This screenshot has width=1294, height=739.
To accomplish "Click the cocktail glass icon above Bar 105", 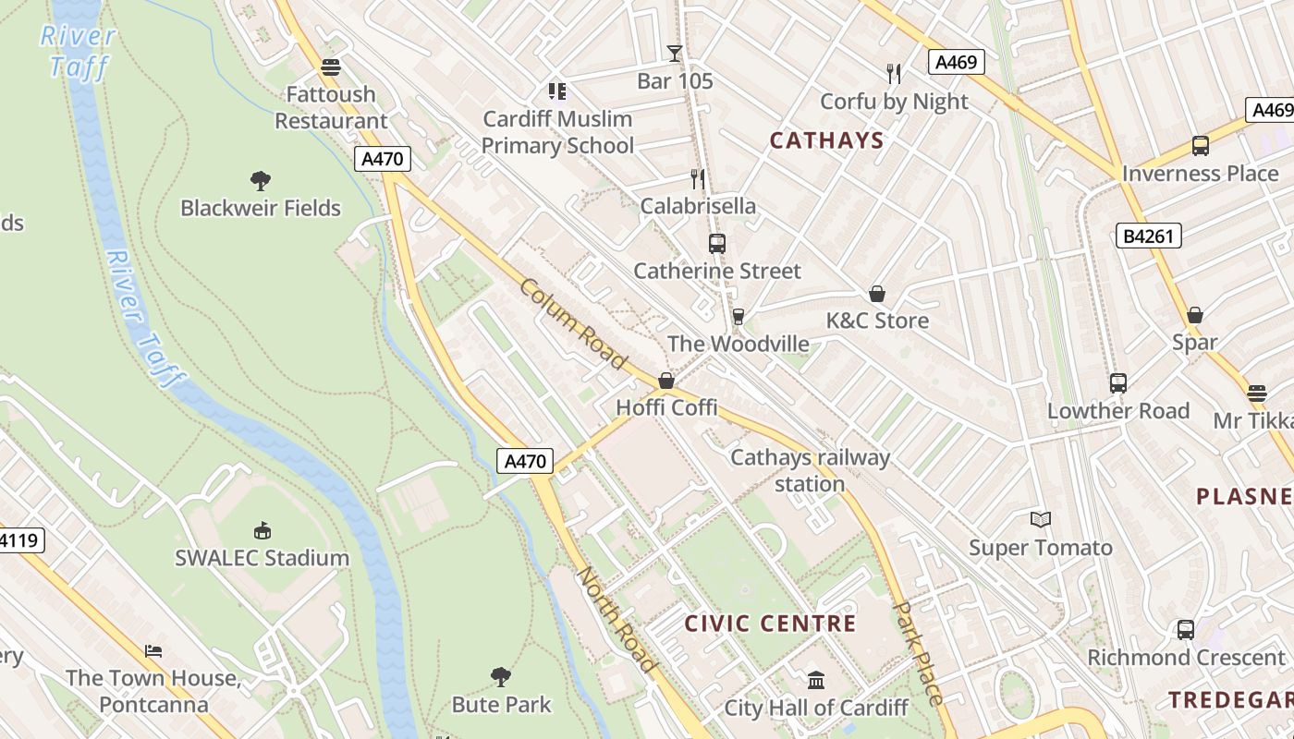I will (x=675, y=54).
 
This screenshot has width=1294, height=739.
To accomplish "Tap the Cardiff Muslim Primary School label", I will (x=557, y=132).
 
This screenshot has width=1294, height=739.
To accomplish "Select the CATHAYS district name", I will (x=826, y=140).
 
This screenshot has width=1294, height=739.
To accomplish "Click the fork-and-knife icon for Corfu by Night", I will (x=893, y=74).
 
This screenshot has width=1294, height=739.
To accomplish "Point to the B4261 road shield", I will (x=1148, y=236).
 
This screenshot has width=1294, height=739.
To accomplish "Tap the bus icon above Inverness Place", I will (x=1200, y=145).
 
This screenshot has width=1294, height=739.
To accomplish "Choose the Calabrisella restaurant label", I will (x=698, y=206).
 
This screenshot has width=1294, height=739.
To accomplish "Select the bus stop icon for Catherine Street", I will (x=716, y=244).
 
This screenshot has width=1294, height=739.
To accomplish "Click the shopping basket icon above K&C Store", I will (x=876, y=294).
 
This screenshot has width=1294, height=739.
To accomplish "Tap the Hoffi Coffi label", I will (x=666, y=407).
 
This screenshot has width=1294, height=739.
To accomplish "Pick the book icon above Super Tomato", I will (x=1041, y=520).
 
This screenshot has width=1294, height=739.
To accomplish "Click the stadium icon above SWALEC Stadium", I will (x=262, y=530).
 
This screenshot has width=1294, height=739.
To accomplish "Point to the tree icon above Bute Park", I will (x=501, y=677).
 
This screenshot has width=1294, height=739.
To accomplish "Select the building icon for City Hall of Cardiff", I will (x=815, y=681).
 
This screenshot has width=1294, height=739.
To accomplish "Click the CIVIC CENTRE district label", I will (x=770, y=624).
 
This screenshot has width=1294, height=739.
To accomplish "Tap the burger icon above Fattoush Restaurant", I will (x=330, y=67).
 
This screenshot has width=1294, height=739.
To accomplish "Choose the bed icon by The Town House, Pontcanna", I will (x=153, y=651).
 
